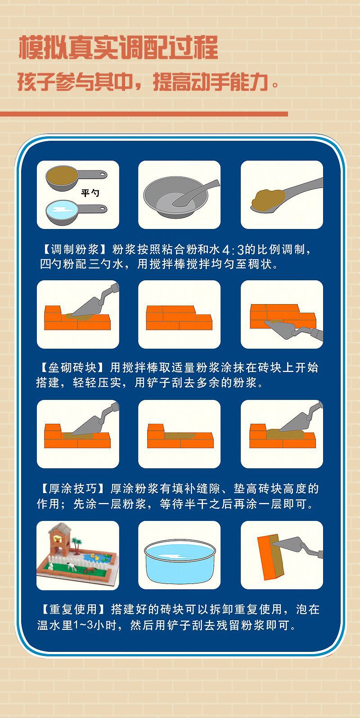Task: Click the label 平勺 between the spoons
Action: [90, 193]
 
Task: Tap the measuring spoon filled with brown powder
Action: [76, 177]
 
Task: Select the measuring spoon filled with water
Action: [76, 211]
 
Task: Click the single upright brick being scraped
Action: [270, 557]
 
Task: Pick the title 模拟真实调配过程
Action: [118, 48]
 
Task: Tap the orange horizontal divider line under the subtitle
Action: [144, 114]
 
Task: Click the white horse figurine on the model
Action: [72, 567]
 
